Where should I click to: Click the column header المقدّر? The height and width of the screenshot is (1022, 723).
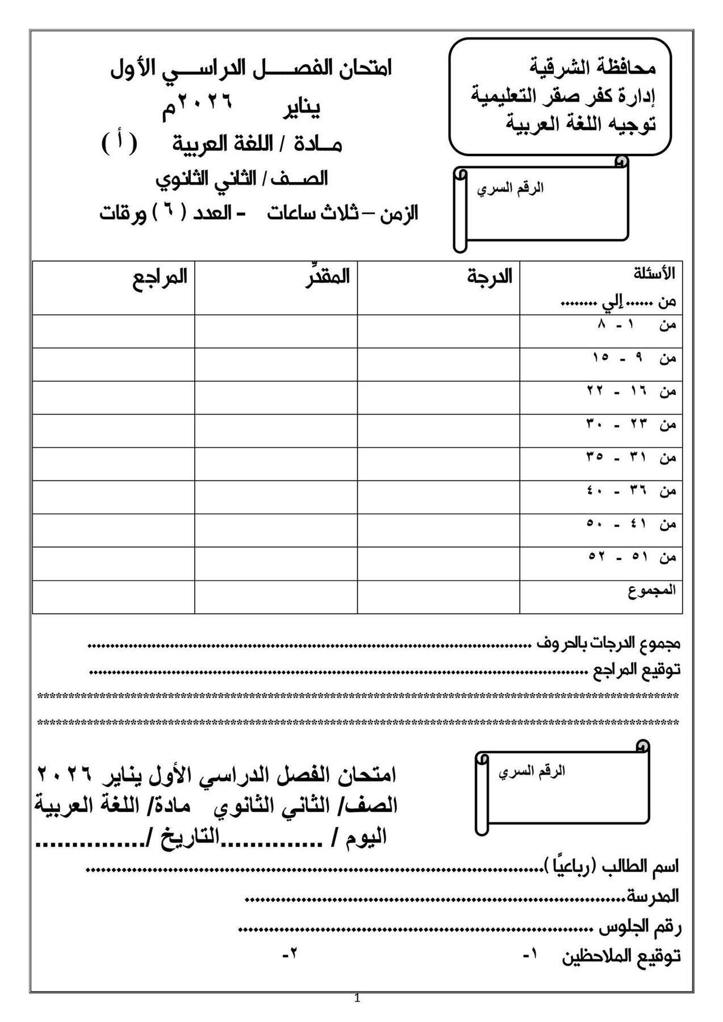(323, 277)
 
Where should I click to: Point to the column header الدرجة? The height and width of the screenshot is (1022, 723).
(490, 277)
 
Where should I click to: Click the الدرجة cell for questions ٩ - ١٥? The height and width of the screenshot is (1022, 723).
(438, 365)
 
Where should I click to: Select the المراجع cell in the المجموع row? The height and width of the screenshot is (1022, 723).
(114, 597)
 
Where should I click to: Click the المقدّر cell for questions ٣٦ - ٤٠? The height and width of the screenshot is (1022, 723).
(276, 497)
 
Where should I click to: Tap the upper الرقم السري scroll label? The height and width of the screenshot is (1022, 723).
(510, 189)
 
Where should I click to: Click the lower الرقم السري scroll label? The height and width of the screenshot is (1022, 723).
(532, 772)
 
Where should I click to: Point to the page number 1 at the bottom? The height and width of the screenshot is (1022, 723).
(357, 1014)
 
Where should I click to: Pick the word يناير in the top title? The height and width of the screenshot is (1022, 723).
(302, 107)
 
